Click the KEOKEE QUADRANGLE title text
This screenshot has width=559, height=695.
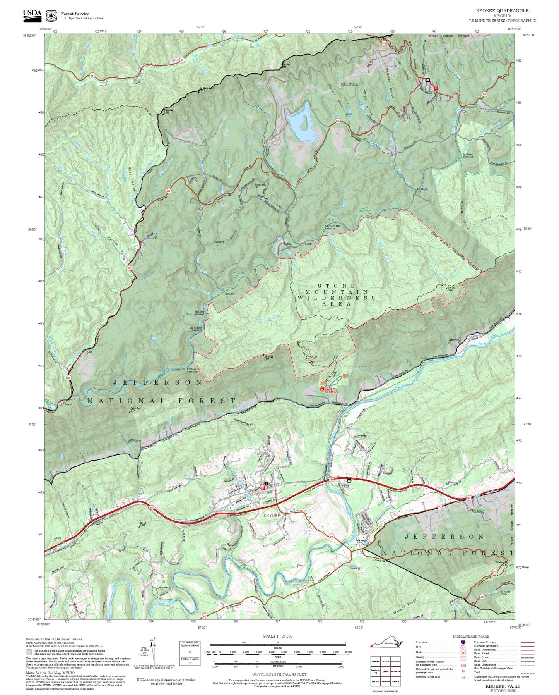502,10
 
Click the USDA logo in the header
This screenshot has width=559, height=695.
32,14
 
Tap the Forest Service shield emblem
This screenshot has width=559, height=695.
51,15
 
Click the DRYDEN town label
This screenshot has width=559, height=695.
272,515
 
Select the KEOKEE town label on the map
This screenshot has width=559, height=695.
349,84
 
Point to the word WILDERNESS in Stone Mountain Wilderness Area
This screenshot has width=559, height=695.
336,298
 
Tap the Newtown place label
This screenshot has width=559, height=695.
422,189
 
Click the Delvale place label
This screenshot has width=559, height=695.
229,294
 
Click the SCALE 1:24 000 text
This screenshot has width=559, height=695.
277,636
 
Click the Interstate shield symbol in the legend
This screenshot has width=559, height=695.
463,642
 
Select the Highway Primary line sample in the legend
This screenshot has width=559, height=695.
527,642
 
